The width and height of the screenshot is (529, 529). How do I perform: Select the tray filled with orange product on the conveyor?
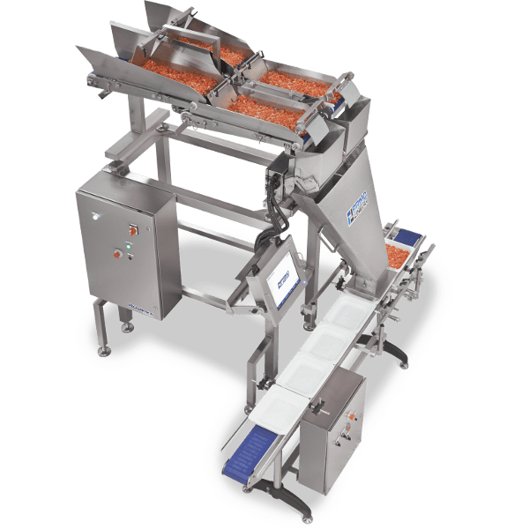[393, 257]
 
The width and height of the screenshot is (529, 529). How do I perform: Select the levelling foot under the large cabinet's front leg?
[105, 351]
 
